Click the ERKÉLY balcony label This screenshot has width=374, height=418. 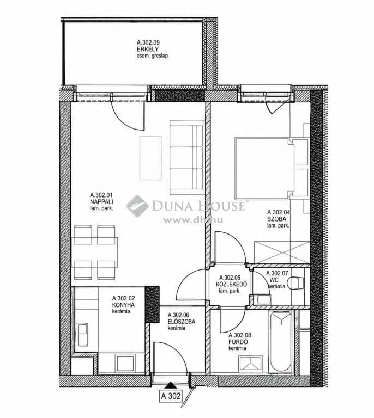point(148,49)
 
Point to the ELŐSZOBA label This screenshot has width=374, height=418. point(182,322)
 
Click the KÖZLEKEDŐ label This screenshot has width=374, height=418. point(232,284)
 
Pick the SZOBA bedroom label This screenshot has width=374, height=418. point(277,219)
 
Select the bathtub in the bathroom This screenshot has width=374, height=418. point(281,341)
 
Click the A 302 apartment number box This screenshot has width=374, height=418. point(171,396)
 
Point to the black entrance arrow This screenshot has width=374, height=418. point(170,385)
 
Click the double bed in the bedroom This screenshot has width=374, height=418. point(271,168)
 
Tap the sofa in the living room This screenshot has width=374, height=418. point(186,157)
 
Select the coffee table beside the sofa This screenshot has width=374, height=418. point(150,158)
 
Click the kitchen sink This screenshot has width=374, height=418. point(82,335)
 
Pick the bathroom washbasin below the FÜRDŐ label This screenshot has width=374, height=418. point(250,363)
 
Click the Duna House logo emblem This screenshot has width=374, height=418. point(137,206)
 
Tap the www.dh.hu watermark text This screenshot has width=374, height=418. point(194,220)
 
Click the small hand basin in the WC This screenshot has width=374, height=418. point(262,300)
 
